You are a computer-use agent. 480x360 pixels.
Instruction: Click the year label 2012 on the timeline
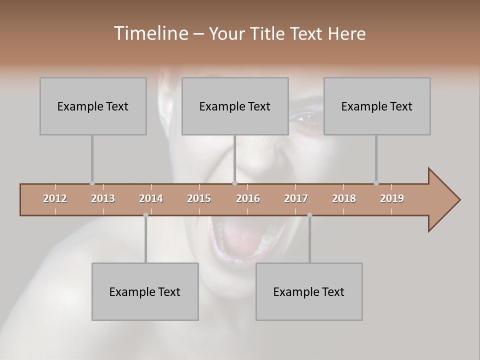[x=55, y=198]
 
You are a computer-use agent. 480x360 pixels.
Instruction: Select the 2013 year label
[x=103, y=198]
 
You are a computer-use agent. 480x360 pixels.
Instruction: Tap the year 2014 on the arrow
[x=151, y=198]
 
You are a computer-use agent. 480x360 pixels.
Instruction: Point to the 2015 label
[x=199, y=198]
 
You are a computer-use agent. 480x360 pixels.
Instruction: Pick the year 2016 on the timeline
[x=248, y=198]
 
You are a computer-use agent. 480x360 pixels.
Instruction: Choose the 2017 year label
[x=296, y=198]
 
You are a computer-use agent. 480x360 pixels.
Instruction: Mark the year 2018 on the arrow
[x=344, y=198]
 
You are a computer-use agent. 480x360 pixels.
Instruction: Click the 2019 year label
[x=392, y=198]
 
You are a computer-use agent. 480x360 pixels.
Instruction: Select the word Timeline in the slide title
[x=150, y=33]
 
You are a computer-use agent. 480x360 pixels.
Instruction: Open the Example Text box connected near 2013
[x=93, y=106]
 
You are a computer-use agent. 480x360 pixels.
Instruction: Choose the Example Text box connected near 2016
[x=235, y=106]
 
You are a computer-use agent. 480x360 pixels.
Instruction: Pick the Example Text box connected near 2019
[x=377, y=106]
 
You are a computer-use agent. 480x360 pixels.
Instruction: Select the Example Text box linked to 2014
[x=145, y=291]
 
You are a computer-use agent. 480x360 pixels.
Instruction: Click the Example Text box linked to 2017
[x=309, y=291]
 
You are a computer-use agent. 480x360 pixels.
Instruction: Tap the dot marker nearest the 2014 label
[x=145, y=215]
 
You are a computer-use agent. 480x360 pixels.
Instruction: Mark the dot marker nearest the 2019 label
[x=376, y=183]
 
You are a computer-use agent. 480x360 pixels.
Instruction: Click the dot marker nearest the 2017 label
[x=309, y=215]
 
